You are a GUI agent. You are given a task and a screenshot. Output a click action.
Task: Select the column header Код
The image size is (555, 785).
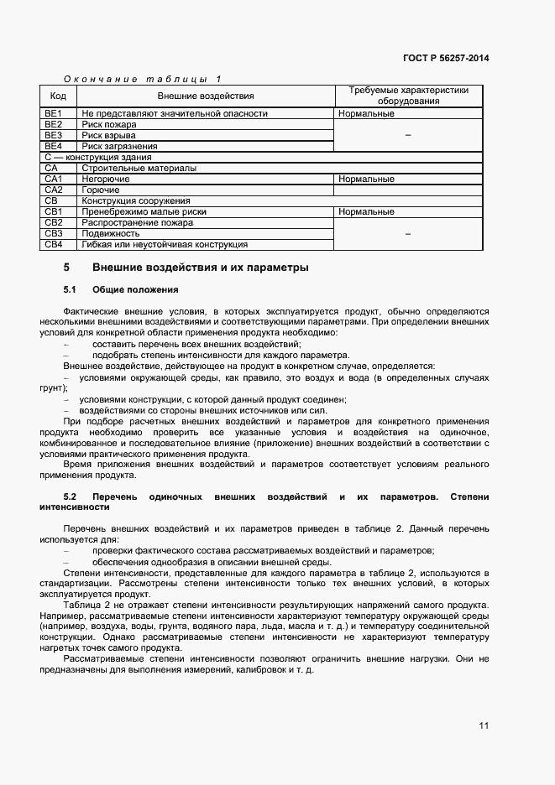pos(58,96)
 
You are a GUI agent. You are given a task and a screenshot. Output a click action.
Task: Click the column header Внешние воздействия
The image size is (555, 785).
pos(205,96)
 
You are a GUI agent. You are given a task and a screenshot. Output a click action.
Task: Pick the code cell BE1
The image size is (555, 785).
pos(54,113)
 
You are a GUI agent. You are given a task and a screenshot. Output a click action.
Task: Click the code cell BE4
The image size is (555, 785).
pos(54,146)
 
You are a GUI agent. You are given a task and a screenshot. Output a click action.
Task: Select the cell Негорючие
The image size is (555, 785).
pos(105,179)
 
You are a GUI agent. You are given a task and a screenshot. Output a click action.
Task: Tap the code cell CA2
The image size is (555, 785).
pos(54,190)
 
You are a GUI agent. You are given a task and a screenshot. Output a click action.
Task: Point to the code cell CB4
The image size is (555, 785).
pos(54,245)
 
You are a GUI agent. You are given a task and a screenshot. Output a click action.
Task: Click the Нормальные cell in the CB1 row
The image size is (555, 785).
pos(367,212)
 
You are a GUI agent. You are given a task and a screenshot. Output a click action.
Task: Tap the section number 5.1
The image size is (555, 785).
pos(71,290)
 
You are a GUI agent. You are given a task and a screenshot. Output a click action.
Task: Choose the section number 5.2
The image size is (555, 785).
pos(71,496)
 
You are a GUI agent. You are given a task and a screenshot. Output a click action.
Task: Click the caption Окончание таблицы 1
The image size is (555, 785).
pos(142,79)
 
